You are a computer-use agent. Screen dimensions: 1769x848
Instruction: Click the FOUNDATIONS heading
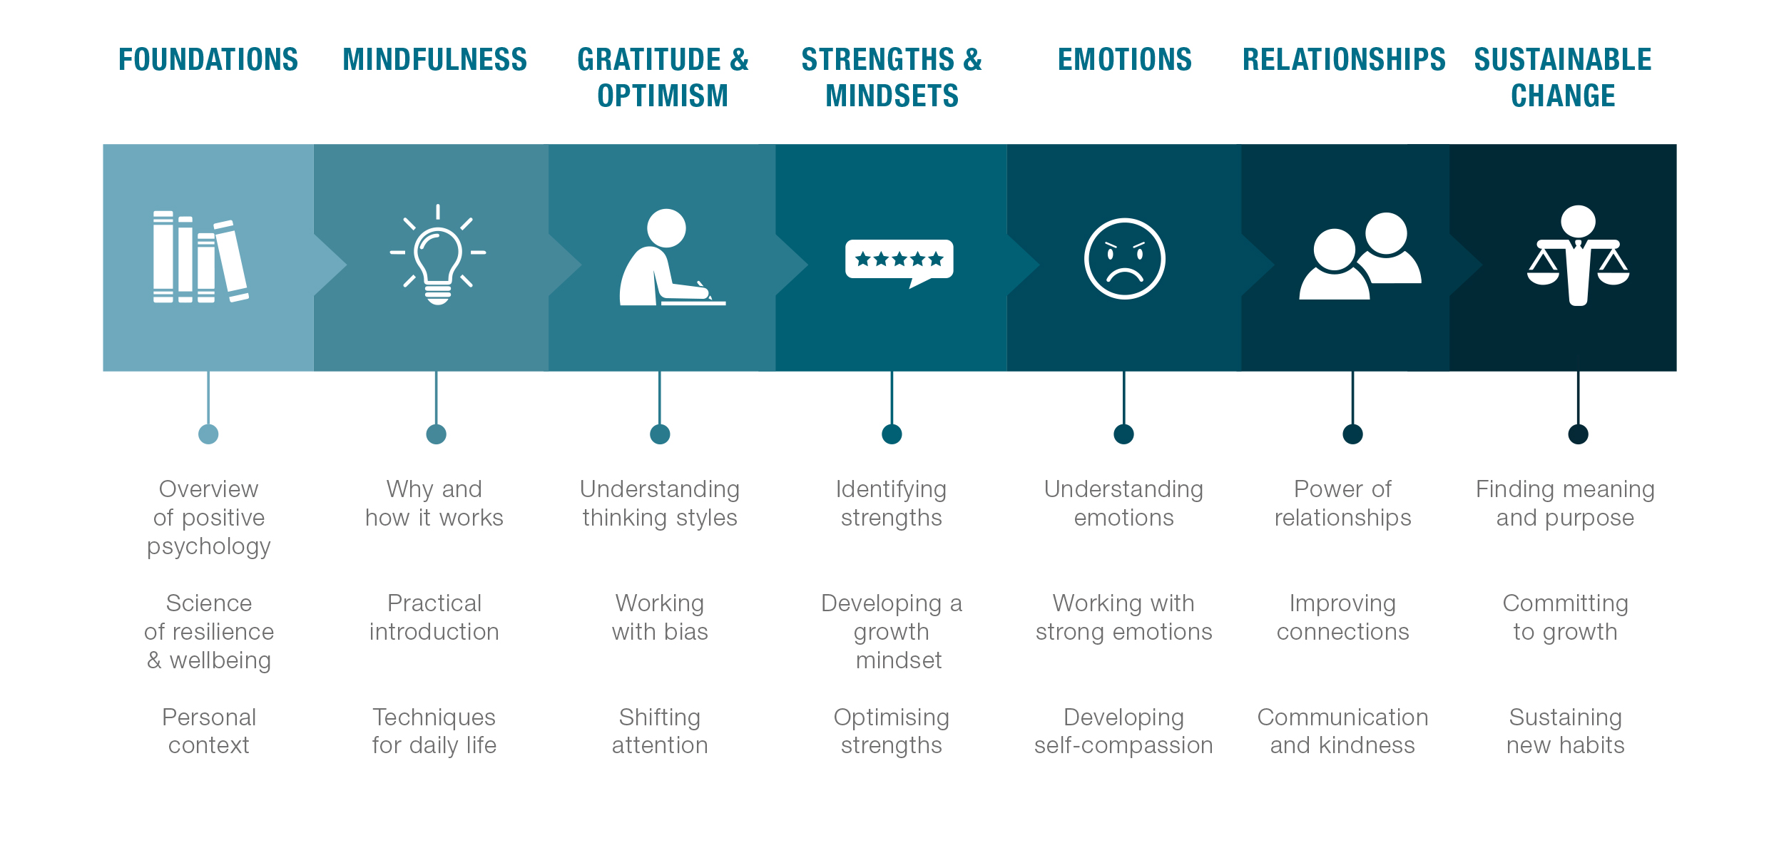click(x=208, y=59)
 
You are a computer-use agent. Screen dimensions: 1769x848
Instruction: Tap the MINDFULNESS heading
click(x=434, y=59)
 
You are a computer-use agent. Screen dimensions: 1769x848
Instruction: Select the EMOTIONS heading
click(x=1124, y=59)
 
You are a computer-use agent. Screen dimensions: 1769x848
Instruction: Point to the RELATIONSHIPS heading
click(x=1344, y=59)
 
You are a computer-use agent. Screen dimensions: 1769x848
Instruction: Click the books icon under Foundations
click(x=200, y=257)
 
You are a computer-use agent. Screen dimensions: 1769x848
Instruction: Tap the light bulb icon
click(x=438, y=255)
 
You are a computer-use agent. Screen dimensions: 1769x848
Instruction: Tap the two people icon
click(x=1360, y=256)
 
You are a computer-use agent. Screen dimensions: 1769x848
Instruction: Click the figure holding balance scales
click(x=1578, y=255)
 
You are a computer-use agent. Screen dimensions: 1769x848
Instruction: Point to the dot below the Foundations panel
click(x=208, y=434)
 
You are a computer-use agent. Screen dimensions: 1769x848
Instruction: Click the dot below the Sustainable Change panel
click(x=1578, y=434)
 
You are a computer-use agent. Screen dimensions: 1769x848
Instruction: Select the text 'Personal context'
click(x=209, y=731)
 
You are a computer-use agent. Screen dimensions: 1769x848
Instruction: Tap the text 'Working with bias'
click(x=660, y=618)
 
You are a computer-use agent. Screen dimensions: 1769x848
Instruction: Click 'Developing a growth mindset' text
click(x=892, y=632)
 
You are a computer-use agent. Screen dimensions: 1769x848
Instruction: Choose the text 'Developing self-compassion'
click(x=1123, y=731)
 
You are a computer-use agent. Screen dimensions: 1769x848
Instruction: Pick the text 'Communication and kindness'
click(x=1342, y=731)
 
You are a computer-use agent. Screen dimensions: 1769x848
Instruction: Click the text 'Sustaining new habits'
click(x=1565, y=731)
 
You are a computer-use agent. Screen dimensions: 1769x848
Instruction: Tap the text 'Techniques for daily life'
click(x=434, y=731)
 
